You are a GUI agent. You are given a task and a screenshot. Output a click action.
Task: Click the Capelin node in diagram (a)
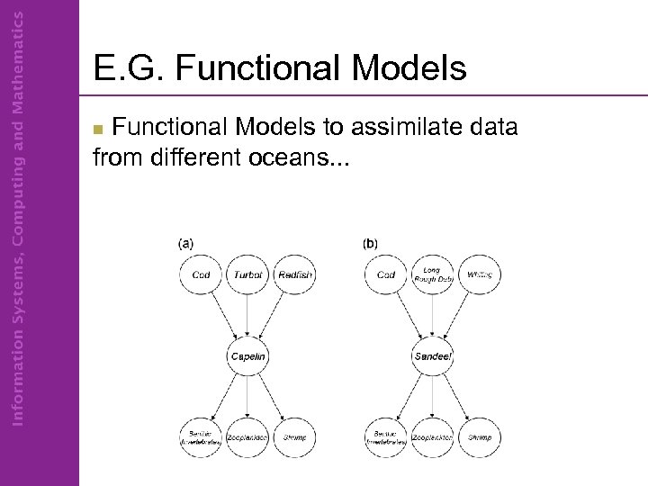coord(247,357)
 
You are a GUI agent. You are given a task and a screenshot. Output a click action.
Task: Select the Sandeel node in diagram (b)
coord(433,357)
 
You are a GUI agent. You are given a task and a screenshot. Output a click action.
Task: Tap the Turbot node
coord(247,274)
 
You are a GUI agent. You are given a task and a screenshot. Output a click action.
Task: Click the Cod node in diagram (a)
coord(201,274)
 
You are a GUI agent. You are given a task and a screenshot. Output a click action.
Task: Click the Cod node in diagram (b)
coord(386,274)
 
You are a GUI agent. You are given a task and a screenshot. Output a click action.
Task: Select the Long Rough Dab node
coord(433,274)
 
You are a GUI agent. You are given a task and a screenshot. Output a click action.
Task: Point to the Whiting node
coord(480,274)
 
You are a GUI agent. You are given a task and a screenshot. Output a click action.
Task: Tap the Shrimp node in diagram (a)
coord(294,438)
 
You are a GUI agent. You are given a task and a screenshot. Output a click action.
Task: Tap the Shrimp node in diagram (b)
coord(480,438)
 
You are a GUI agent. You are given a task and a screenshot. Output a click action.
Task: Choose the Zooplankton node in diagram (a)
coord(247,438)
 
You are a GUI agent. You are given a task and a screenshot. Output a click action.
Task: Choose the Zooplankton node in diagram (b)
coord(433,438)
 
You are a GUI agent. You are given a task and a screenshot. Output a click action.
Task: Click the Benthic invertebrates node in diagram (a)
coord(201,438)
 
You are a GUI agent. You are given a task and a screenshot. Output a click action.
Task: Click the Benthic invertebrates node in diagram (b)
coord(386,438)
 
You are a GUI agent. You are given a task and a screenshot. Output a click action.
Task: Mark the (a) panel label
coord(185,243)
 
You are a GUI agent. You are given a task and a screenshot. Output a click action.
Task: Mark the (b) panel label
coord(370,243)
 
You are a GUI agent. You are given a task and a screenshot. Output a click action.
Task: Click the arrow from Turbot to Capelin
coord(247,315)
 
